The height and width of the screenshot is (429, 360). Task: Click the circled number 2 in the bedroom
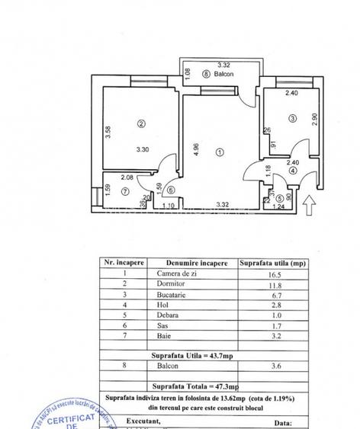coord(140,123)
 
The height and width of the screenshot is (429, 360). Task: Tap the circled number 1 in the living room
coord(220,152)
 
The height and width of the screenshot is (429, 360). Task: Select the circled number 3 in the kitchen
coord(292,117)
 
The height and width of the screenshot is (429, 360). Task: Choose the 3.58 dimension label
coord(108,133)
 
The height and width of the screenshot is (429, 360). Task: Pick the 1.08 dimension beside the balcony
coord(188,74)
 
